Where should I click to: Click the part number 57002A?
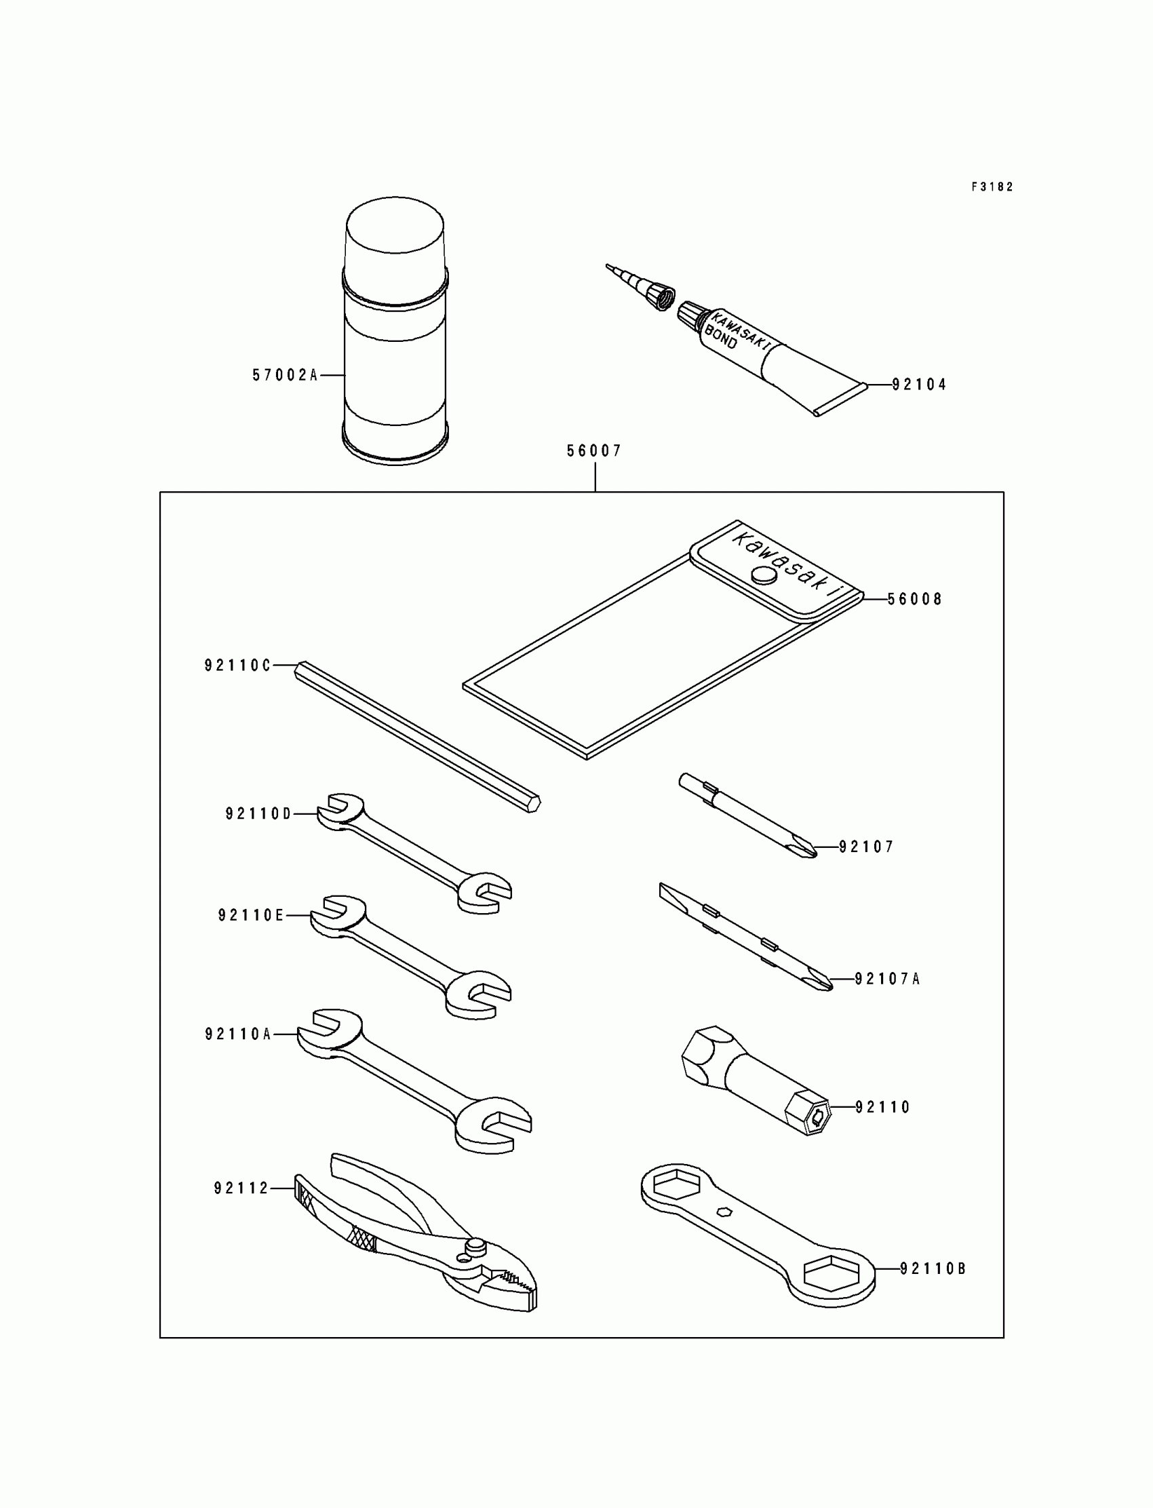pos(285,375)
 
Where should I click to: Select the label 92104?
pos(919,385)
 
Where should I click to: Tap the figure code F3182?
pos(992,187)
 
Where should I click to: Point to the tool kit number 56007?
pos(593,451)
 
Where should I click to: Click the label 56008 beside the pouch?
pos(915,599)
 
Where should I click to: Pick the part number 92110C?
pos(237,665)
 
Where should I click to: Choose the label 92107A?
pos(886,979)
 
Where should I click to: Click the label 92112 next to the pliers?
pos(241,1188)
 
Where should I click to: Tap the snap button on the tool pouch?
pos(764,575)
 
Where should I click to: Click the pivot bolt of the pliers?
pos(475,1245)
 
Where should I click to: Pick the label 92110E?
pos(250,915)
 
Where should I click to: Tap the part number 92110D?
pos(258,814)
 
